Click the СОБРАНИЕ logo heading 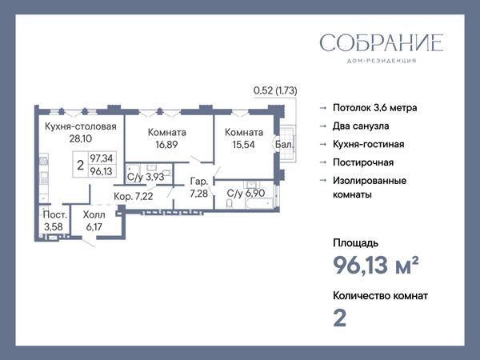pyautogui.click(x=382, y=42)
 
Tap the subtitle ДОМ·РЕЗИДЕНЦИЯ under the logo pyautogui.click(x=382, y=61)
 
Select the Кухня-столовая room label pyautogui.click(x=81, y=126)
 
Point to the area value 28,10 pyautogui.click(x=81, y=138)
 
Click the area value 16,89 pyautogui.click(x=166, y=144)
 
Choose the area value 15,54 pyautogui.click(x=244, y=144)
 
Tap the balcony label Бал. pyautogui.click(x=284, y=144)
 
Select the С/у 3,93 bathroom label pyautogui.click(x=146, y=177)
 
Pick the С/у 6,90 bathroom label pyautogui.click(x=246, y=193)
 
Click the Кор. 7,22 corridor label pyautogui.click(x=133, y=196)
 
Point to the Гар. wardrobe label pyautogui.click(x=199, y=182)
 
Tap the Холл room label pyautogui.click(x=94, y=214)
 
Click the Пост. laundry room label pyautogui.click(x=54, y=214)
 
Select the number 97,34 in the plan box pyautogui.click(x=102, y=158)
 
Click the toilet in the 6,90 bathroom pyautogui.click(x=230, y=203)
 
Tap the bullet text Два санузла pyautogui.click(x=361, y=126)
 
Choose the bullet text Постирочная pyautogui.click(x=363, y=162)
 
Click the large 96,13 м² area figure pyautogui.click(x=376, y=265)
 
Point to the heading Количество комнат pyautogui.click(x=380, y=296)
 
